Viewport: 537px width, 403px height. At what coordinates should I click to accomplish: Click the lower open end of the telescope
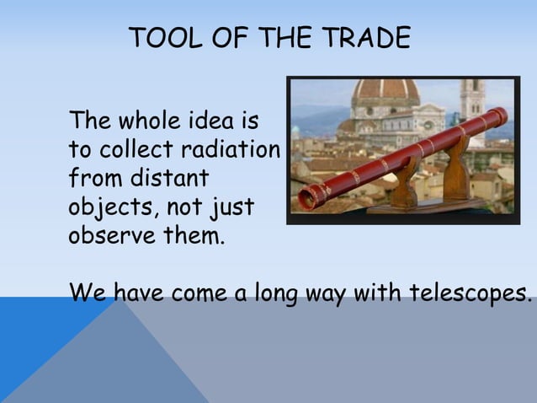tap(306, 200)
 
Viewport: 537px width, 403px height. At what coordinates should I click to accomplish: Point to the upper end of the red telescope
tap(500, 114)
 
